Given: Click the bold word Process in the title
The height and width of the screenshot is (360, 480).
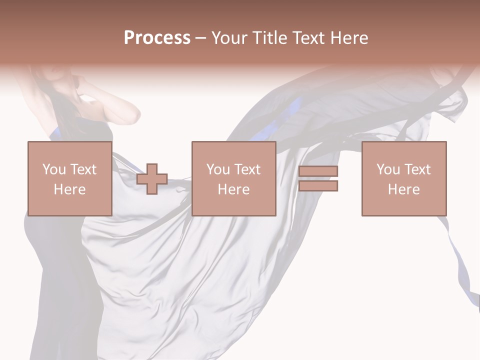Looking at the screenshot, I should click(x=157, y=38).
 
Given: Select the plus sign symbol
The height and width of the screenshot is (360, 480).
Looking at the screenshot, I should click(x=152, y=179).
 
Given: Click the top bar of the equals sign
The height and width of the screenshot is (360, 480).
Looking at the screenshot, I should click(x=318, y=171).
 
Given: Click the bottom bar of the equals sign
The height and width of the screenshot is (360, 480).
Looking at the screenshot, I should click(x=318, y=186).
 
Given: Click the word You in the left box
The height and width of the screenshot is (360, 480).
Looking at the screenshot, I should click(x=54, y=169).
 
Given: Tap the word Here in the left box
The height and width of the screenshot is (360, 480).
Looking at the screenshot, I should click(x=69, y=189).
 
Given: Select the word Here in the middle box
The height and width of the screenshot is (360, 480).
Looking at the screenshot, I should click(x=233, y=189).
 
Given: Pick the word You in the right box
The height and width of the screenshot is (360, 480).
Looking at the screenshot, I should click(x=388, y=169).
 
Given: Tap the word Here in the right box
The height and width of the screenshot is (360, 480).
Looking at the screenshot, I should click(x=403, y=189).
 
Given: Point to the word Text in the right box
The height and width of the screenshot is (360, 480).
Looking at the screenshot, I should click(x=417, y=169).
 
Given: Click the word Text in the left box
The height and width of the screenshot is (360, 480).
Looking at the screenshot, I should click(x=83, y=169).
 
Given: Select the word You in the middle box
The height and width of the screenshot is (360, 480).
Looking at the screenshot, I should click(x=218, y=169).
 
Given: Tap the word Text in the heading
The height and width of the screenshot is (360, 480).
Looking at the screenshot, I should click(x=306, y=38).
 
